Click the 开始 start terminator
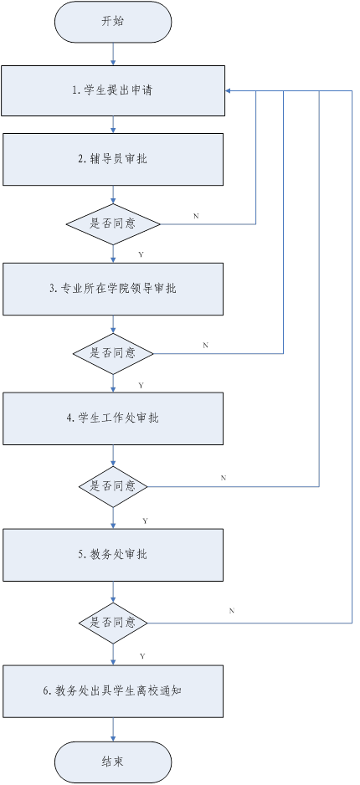[113, 22]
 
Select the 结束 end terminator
[113, 762]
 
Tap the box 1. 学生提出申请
[113, 90]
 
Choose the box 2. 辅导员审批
[113, 159]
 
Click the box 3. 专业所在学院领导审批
[113, 289]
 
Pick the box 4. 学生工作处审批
[113, 418]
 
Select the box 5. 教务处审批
[113, 555]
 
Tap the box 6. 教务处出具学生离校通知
[113, 691]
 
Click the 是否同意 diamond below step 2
[113, 223]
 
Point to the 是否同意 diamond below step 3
[113, 353]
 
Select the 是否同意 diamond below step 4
[113, 486]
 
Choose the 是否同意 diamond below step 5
[113, 623]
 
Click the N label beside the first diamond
[196, 216]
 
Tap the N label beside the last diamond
[232, 611]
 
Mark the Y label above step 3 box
[141, 254]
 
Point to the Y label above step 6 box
[142, 656]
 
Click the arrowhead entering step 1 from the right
[228, 91]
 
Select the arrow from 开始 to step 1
[113, 54]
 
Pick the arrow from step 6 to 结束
[113, 730]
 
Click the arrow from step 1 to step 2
[113, 126]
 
